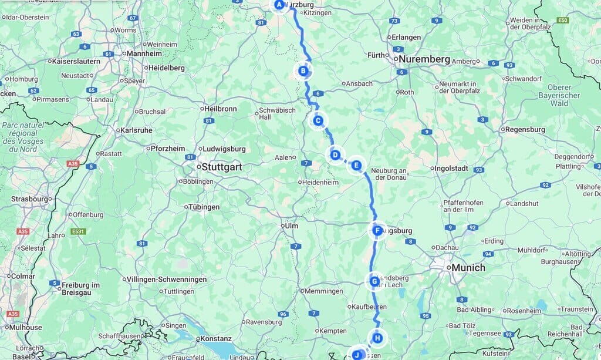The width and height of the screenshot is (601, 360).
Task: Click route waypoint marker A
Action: tap(279, 5)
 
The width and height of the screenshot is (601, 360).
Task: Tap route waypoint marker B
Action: tap(303, 72)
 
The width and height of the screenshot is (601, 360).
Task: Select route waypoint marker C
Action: tap(318, 121)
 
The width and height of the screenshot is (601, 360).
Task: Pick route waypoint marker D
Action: tap(335, 155)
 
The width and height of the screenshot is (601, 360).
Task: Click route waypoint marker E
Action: tap(356, 166)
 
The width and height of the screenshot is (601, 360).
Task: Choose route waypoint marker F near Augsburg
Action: tap(378, 231)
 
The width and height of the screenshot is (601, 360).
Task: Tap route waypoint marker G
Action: tap(374, 282)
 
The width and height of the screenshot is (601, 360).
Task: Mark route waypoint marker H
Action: tap(378, 338)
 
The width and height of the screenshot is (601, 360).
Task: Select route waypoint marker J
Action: tap(356, 355)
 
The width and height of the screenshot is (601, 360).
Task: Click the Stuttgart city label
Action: tap(222, 167)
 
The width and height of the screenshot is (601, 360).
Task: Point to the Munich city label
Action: tap(469, 268)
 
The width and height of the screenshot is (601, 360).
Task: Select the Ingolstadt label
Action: tap(452, 168)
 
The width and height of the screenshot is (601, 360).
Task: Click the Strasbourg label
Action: tap(29, 199)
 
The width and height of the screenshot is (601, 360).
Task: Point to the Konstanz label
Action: tap(215, 338)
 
